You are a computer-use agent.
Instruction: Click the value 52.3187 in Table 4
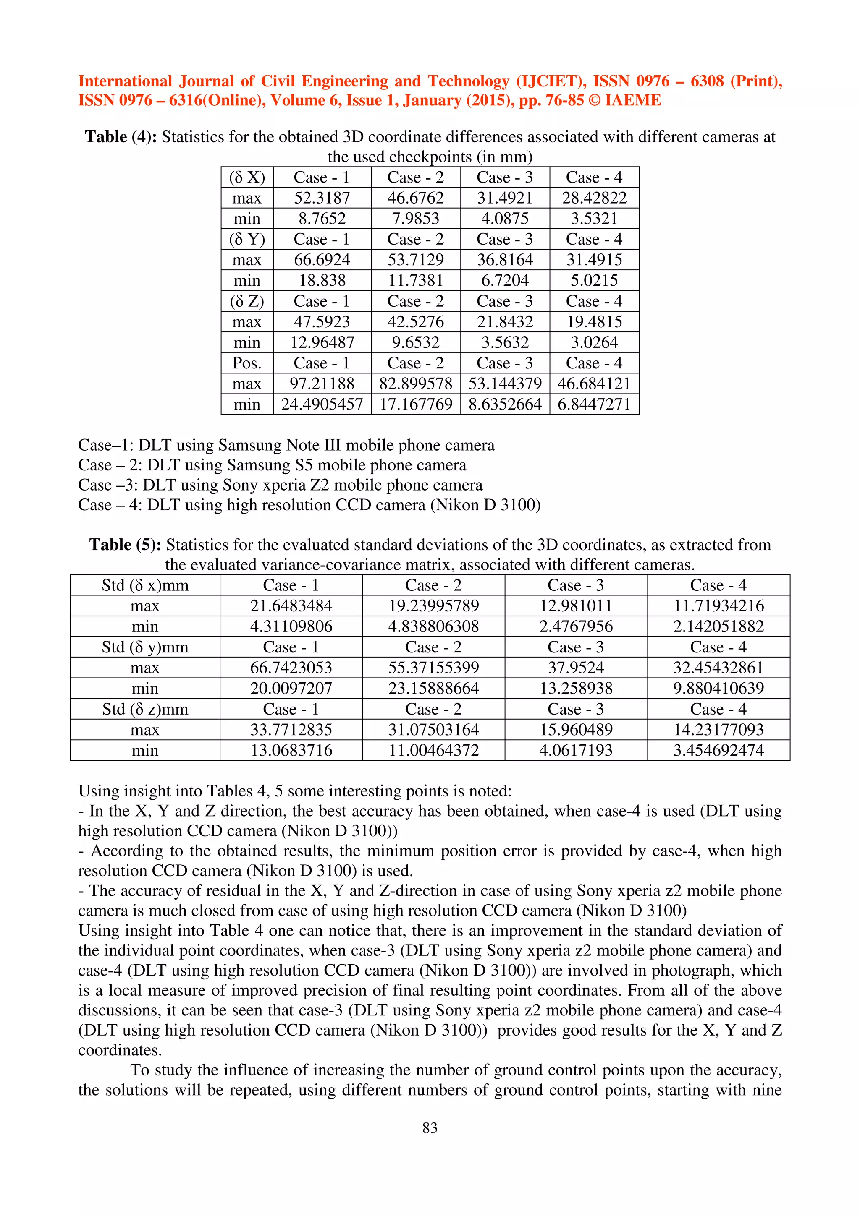point(322,198)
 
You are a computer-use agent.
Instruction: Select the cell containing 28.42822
point(594,198)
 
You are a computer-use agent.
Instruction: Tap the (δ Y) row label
point(247,240)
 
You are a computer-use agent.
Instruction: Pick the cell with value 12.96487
point(322,343)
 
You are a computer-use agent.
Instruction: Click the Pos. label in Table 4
point(247,363)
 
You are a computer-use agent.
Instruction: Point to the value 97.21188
point(322,384)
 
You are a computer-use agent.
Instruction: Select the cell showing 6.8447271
point(594,404)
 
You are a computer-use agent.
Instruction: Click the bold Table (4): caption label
point(121,137)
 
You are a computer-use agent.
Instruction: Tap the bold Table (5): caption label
point(125,545)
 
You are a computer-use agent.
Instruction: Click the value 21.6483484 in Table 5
point(291,606)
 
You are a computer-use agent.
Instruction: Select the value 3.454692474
point(718,751)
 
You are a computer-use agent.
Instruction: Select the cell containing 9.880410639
point(718,689)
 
